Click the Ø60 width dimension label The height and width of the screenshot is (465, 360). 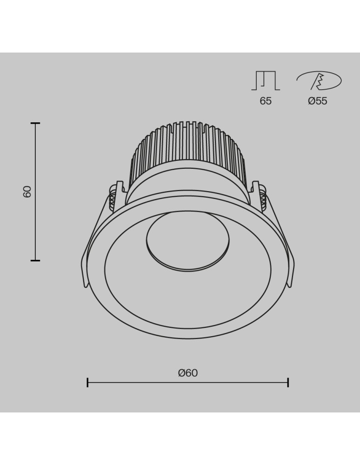(x=188, y=372)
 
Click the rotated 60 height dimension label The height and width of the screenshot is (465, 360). (x=27, y=192)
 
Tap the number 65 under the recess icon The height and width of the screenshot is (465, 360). (x=266, y=101)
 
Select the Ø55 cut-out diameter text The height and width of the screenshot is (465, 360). (x=318, y=101)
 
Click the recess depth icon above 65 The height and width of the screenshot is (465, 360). (x=266, y=81)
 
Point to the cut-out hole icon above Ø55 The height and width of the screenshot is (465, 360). (x=319, y=81)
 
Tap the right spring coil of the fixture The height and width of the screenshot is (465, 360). (x=261, y=198)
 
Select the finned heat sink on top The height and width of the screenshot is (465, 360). (x=187, y=149)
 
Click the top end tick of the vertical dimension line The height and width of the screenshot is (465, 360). (x=35, y=123)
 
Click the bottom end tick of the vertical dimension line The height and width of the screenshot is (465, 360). (x=35, y=260)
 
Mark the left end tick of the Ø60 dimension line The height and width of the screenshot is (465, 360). (x=87, y=383)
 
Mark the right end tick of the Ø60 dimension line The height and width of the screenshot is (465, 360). (x=288, y=383)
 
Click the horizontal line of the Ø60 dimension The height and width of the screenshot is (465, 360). (x=188, y=383)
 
